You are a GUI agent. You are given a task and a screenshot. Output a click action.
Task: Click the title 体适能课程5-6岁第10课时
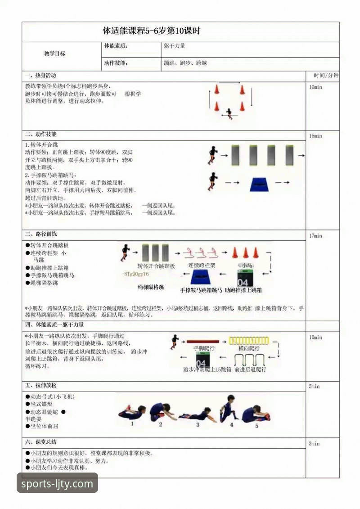tap(151, 31)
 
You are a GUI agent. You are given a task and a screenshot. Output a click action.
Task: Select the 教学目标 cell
tap(54, 54)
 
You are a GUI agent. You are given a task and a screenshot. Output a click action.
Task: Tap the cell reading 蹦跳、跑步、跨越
tap(185, 63)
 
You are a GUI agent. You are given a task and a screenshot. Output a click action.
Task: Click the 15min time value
tap(315, 136)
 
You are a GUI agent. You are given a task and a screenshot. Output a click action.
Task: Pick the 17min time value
tap(315, 236)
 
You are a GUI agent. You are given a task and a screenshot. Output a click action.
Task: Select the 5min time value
tap(314, 387)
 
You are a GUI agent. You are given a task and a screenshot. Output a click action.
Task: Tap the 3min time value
tap(314, 444)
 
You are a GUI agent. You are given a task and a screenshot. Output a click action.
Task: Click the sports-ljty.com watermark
tap(57, 484)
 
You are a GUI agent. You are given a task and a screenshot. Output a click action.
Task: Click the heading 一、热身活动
tap(40, 76)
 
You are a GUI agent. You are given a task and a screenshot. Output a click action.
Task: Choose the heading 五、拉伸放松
tap(40, 386)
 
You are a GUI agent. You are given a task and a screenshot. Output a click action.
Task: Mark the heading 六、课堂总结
tap(40, 442)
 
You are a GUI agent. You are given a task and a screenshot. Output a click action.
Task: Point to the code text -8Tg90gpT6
tap(135, 274)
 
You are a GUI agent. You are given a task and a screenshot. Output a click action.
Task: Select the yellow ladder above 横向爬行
tap(248, 341)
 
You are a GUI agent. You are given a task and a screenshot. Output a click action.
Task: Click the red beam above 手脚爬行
tap(202, 342)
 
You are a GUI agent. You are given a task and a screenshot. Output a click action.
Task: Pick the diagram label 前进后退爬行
tap(250, 369)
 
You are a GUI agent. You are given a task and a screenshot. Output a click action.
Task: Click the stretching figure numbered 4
tap(229, 409)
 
